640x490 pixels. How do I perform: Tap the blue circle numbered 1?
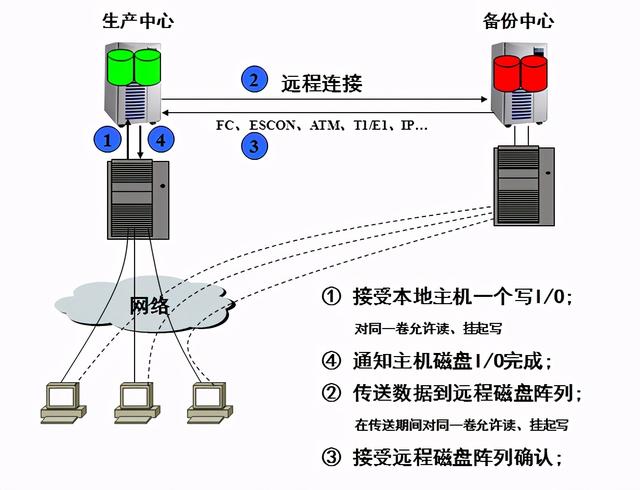pyautogui.click(x=106, y=139)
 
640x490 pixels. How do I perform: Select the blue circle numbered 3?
pyautogui.click(x=255, y=147)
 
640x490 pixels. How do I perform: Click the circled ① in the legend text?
pyautogui.click(x=331, y=297)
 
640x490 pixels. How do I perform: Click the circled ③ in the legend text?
pyautogui.click(x=331, y=458)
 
